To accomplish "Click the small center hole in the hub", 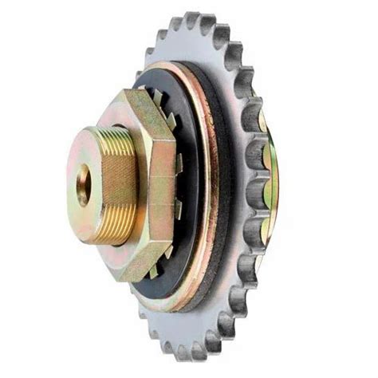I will click(x=83, y=186).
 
